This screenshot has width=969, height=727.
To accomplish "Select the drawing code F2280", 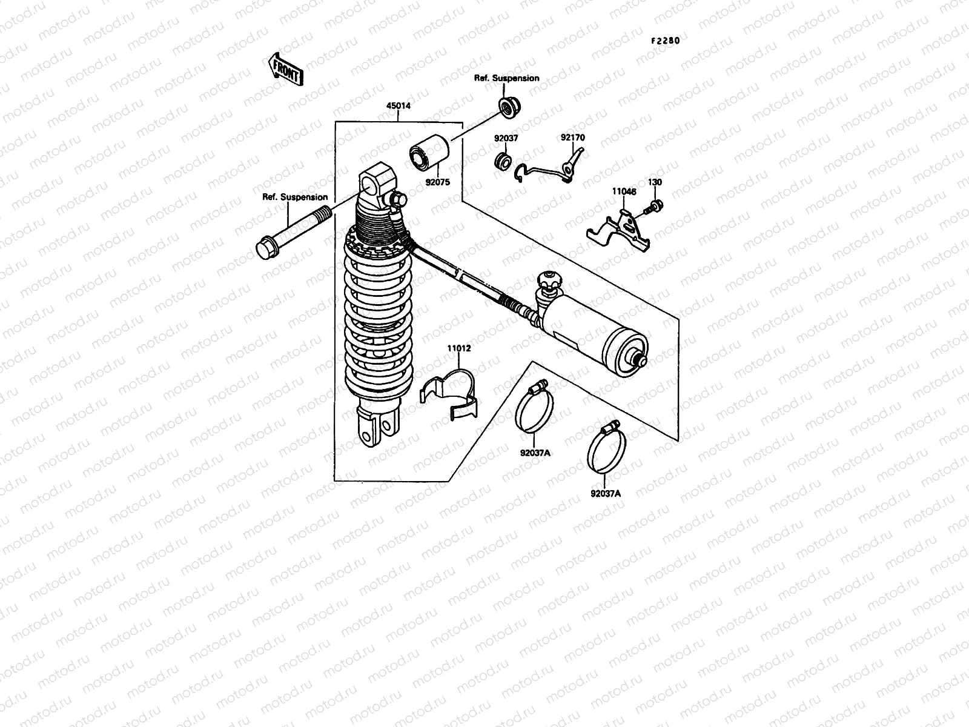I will (x=666, y=41).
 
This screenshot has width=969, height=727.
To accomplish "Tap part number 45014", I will (x=398, y=105).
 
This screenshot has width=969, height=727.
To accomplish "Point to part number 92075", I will (x=437, y=181).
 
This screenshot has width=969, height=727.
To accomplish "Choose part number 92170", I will (x=572, y=138).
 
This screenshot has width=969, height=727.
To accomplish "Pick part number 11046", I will (x=624, y=191).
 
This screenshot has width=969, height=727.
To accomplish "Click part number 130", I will (x=655, y=182).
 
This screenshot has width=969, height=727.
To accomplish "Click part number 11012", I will (x=459, y=349).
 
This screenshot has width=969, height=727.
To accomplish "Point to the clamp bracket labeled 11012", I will (x=451, y=394).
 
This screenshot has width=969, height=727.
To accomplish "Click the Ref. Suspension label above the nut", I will (x=506, y=78).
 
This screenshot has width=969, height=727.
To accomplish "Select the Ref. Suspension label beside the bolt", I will (x=295, y=197).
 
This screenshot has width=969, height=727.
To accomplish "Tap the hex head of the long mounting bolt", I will (x=265, y=249).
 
